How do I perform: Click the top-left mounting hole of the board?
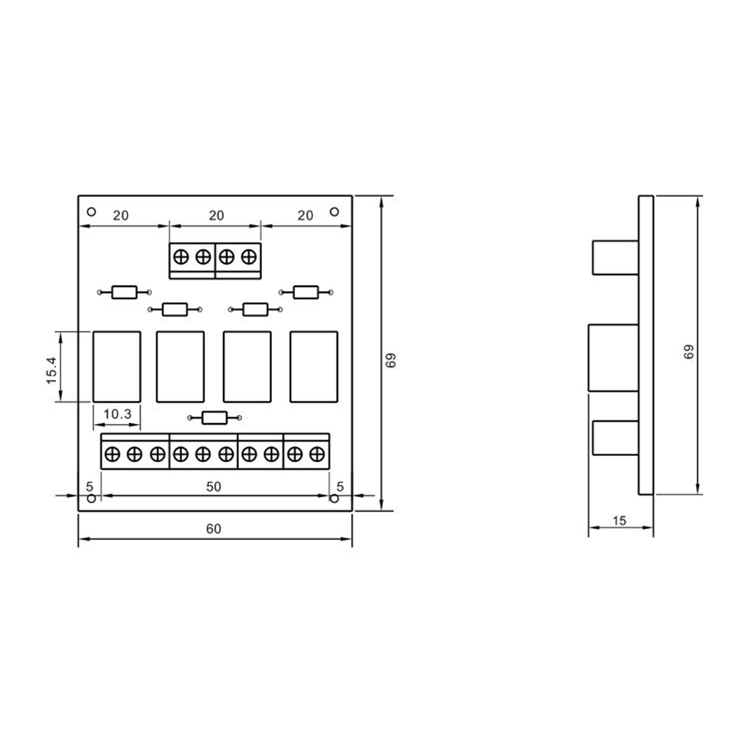click(x=91, y=212)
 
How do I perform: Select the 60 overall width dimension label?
click(x=213, y=529)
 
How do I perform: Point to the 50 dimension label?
click(x=213, y=487)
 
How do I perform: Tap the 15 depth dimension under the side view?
click(x=619, y=519)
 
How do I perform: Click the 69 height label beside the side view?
click(x=688, y=352)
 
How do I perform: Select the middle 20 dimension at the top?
click(x=216, y=215)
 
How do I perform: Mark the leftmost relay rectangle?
click(x=116, y=366)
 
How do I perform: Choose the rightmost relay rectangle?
click(x=314, y=366)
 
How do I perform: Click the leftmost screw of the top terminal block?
click(x=181, y=257)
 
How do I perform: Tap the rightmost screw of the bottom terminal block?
click(x=318, y=453)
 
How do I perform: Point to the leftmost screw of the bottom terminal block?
click(x=112, y=453)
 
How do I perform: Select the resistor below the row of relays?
click(x=215, y=419)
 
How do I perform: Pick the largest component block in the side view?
click(x=613, y=357)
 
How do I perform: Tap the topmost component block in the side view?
click(x=614, y=257)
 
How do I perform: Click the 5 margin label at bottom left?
click(x=88, y=486)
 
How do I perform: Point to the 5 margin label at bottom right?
click(x=339, y=486)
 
